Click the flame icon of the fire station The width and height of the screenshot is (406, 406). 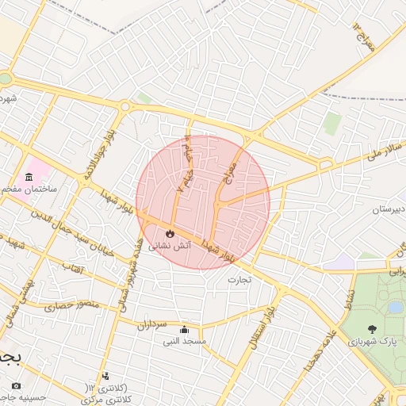point(169,233)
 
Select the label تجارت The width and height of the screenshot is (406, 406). point(239,279)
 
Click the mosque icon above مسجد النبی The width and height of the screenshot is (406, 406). point(185,330)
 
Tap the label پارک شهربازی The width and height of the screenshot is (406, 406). point(371,342)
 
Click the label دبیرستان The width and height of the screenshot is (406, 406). point(389,209)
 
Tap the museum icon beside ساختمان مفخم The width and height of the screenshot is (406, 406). point(29,176)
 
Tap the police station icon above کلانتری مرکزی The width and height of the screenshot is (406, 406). point(105,377)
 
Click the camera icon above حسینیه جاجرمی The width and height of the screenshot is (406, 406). point(16,385)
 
